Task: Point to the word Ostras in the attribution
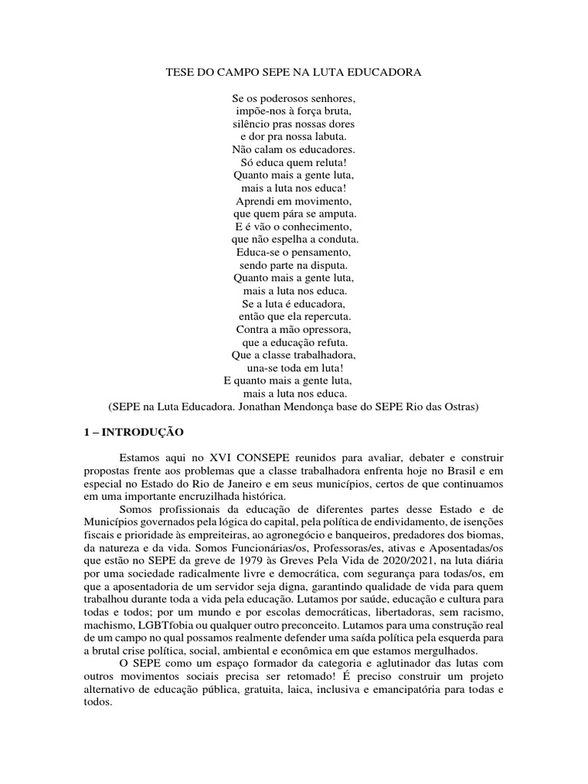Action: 460,407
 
